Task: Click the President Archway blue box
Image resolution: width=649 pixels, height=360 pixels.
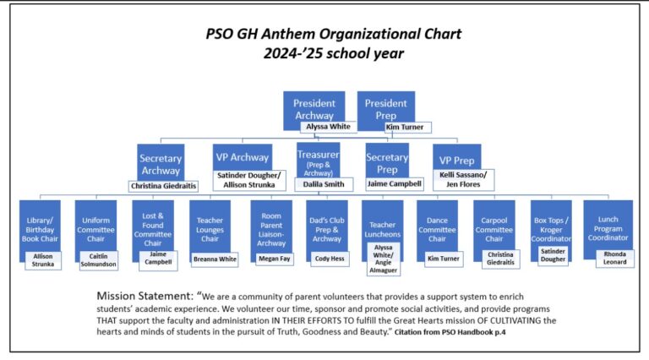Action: (x=314, y=106)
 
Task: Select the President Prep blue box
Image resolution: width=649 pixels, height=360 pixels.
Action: (x=385, y=106)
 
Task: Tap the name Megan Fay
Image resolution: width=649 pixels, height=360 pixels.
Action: (x=273, y=259)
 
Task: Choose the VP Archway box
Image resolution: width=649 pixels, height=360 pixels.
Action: (x=242, y=156)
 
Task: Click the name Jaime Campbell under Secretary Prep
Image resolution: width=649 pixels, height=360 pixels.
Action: (x=394, y=183)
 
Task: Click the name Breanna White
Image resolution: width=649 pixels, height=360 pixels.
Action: (x=216, y=259)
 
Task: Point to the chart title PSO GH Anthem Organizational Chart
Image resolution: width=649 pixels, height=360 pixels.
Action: (x=334, y=35)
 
